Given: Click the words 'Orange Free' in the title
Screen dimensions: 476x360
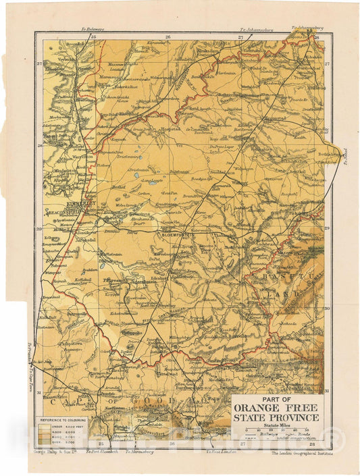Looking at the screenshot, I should (x=278, y=408).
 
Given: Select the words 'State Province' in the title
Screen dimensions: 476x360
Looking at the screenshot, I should (x=278, y=419).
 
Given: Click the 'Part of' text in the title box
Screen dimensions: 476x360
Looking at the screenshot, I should (x=278, y=400).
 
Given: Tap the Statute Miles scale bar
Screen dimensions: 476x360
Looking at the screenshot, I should (x=277, y=431).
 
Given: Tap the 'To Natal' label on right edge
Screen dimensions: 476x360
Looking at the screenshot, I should (x=344, y=159).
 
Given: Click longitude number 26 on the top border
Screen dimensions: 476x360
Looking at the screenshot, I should (x=168, y=37).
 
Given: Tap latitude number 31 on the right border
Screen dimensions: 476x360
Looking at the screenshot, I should (x=326, y=392).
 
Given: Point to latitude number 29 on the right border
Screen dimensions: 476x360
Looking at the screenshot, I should (x=326, y=229).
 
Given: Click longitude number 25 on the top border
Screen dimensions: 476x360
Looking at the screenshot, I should (x=94, y=37).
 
